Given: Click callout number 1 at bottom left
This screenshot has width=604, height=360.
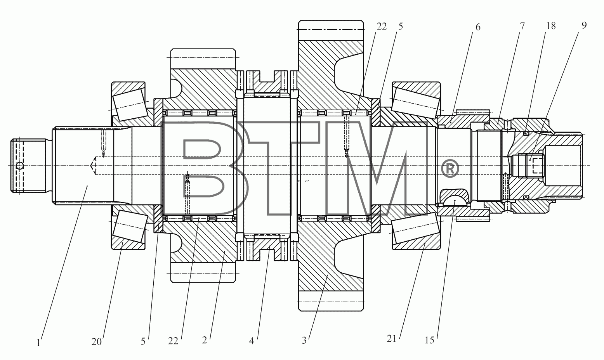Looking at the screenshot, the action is coord(38,343).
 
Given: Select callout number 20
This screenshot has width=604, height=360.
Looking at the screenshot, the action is coord(97,342).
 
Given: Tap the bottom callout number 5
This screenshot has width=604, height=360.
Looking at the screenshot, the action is coord(143,341).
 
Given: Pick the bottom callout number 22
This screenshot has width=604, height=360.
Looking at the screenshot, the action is coord(173,341).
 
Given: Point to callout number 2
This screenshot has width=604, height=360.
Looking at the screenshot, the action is coord(205,340).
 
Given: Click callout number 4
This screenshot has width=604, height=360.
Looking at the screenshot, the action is coord(251,341).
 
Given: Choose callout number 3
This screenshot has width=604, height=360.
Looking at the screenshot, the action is coord(304,341).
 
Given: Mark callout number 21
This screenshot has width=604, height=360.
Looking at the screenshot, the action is coord(392,338).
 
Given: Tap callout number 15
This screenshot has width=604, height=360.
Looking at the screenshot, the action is coord(430,340).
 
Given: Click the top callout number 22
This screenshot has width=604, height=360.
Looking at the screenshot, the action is coord(382,26).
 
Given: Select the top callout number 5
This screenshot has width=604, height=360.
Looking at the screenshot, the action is coord(401,26).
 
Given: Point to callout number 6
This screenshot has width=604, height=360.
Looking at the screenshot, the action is coord(477,27).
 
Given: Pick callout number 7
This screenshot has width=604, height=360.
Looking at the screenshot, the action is coord(522,26).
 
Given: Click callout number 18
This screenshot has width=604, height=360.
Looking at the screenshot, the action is coord(551,26).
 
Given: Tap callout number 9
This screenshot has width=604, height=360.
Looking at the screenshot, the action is coord(584,25).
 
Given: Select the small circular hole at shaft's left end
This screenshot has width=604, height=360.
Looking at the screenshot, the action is coord(20,166).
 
